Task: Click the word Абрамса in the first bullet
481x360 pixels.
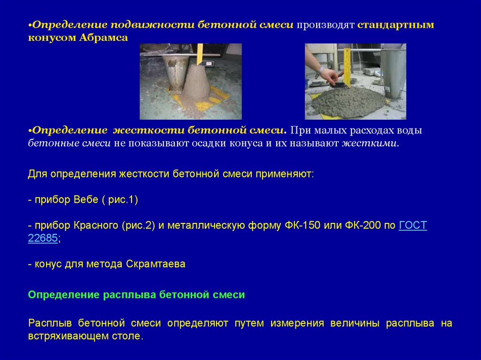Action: (x=103, y=38)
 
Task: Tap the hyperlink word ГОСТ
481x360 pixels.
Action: (x=412, y=225)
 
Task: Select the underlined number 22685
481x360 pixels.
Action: (x=43, y=238)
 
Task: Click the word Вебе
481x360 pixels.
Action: (x=86, y=199)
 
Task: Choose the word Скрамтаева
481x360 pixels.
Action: (x=155, y=264)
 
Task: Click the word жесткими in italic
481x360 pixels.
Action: (x=369, y=143)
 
